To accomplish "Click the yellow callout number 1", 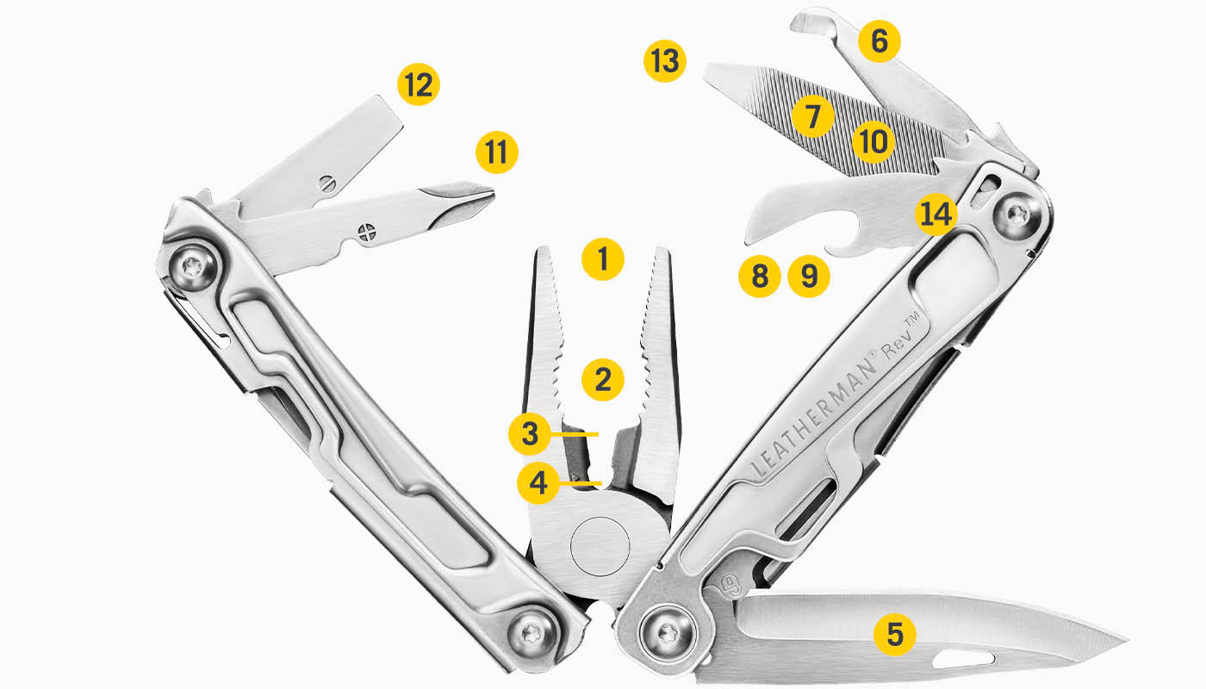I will tap(602, 258).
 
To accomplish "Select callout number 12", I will tap(419, 85).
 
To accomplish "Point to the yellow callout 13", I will tap(665, 62).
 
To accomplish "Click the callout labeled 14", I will tap(936, 214).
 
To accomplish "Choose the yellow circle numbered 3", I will tap(529, 434).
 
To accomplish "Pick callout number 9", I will tap(809, 276).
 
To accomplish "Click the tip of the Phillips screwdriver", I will tap(489, 196).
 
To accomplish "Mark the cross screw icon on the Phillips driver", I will tap(369, 232).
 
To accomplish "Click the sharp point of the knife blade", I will tap(1125, 642).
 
